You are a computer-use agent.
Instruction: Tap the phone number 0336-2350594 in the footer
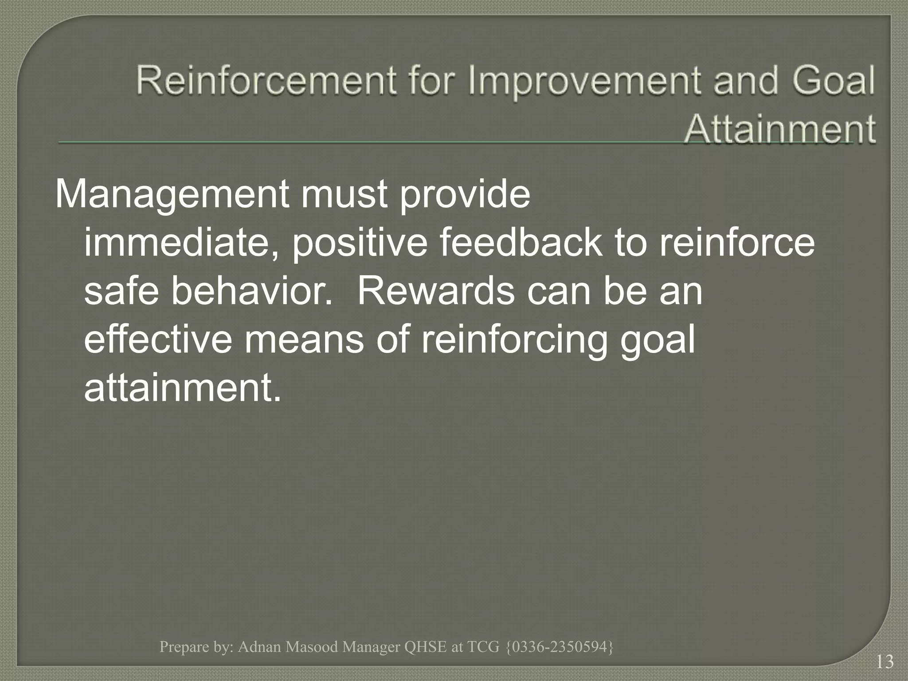560,647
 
